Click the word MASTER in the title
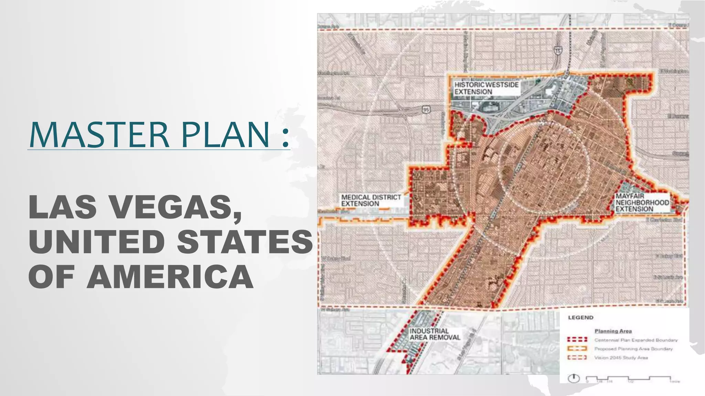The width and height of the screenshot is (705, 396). point(99,134)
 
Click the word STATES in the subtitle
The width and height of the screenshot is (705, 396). point(245,241)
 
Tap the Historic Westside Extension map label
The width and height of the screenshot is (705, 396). point(486,88)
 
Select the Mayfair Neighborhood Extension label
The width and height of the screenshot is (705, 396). point(642,202)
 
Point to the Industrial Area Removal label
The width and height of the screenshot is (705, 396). point(435,334)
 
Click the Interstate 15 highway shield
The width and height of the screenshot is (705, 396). point(558,51)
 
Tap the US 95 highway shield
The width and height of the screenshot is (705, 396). point(426,109)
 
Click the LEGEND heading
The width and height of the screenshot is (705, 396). point(581,318)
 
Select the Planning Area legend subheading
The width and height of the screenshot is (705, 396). point(613,331)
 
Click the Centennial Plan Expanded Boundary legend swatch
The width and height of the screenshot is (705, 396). point(577,340)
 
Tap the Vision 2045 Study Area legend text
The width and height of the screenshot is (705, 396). point(621,358)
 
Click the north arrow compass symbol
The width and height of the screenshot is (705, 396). point(574,378)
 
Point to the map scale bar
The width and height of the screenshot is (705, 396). point(633,379)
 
